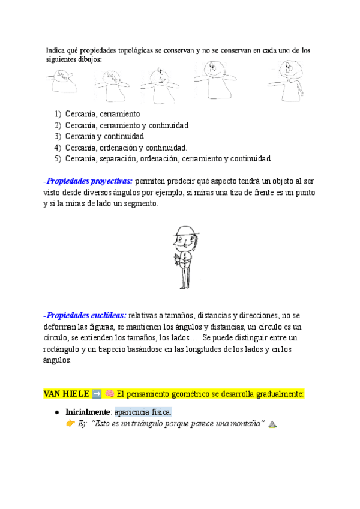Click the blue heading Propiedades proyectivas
tap(90, 181)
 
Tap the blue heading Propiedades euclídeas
tap(86, 315)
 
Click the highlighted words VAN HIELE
tap(66, 394)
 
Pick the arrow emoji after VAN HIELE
tap(97, 394)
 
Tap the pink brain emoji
tap(110, 394)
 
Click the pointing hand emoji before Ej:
tap(70, 424)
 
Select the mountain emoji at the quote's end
tap(272, 424)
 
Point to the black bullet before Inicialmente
tap(56, 412)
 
